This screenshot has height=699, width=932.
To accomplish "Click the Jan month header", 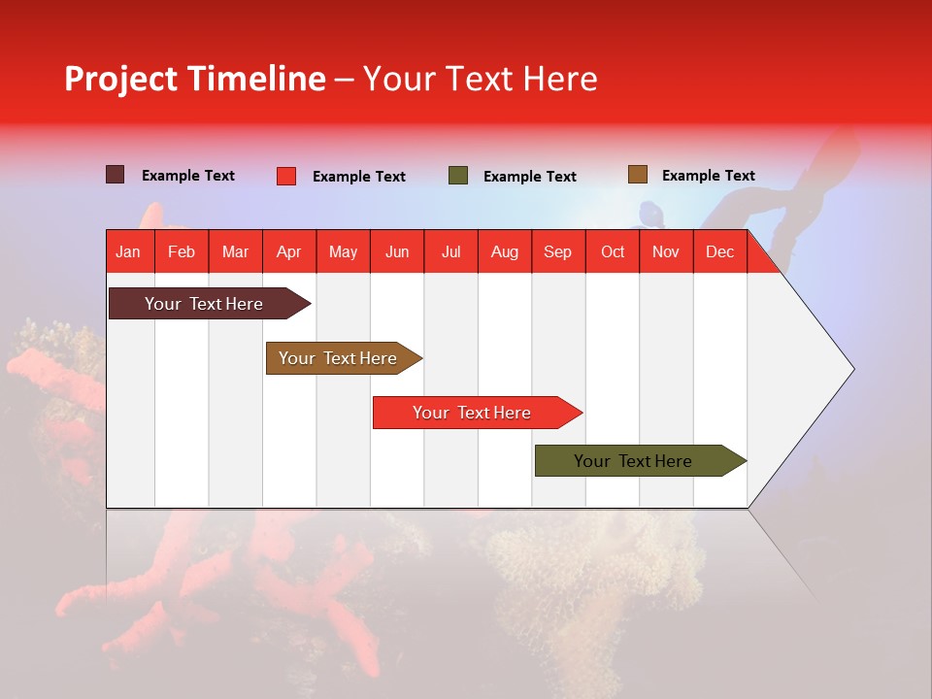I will [x=129, y=251].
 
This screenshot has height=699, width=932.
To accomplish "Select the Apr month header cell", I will [x=289, y=251].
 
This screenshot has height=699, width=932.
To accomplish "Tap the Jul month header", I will [x=450, y=251].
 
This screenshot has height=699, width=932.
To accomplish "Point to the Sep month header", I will [x=557, y=251].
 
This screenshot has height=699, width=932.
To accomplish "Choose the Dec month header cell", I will [x=719, y=251].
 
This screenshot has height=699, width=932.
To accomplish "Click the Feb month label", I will [x=182, y=251].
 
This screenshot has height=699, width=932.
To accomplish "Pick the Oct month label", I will [x=613, y=251].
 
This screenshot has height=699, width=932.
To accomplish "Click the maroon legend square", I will [x=116, y=175].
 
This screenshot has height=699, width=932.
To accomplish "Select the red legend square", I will [x=285, y=176].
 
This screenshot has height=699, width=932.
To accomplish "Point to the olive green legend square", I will [x=458, y=176].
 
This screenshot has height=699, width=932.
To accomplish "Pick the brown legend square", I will [x=637, y=175].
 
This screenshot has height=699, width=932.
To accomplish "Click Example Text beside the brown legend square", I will [x=708, y=176].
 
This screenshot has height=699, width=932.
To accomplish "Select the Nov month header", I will [x=666, y=251].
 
